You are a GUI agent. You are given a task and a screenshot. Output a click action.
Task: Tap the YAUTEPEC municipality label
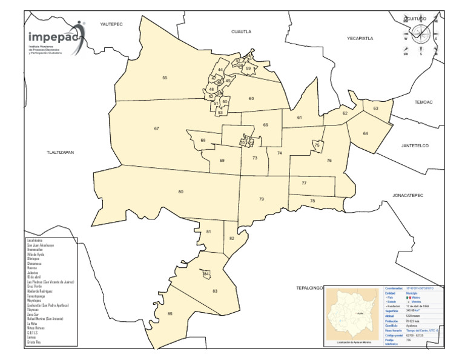111,24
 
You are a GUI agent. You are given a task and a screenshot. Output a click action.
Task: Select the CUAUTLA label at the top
241,31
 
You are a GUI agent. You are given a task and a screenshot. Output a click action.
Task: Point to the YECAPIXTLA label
360,38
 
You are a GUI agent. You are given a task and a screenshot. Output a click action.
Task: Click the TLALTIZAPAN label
60,152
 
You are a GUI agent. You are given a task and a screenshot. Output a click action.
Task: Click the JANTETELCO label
415,145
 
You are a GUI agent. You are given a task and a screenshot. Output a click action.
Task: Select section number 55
165,78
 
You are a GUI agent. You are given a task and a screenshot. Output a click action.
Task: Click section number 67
156,128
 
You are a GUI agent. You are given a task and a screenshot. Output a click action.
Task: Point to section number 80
180,192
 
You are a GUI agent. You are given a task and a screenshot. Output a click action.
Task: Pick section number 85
170,313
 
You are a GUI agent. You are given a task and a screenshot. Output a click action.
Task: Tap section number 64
366,133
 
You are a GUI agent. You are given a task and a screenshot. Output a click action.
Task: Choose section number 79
262,199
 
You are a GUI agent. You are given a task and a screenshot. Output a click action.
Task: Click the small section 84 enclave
206,275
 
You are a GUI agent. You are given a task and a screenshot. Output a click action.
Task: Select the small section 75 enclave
317,145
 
